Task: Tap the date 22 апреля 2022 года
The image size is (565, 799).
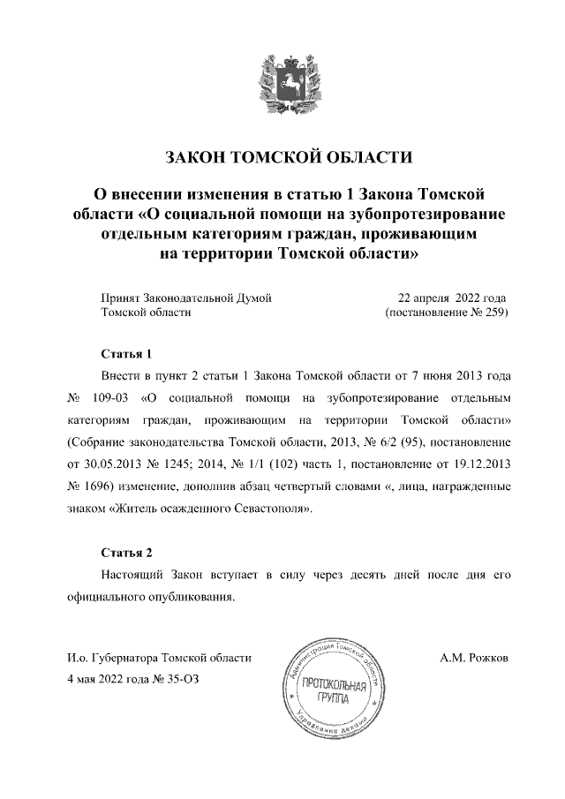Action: point(453,298)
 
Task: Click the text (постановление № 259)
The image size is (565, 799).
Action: point(447,313)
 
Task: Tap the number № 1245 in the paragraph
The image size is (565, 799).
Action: point(191,463)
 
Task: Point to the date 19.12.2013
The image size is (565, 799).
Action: point(480,463)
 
